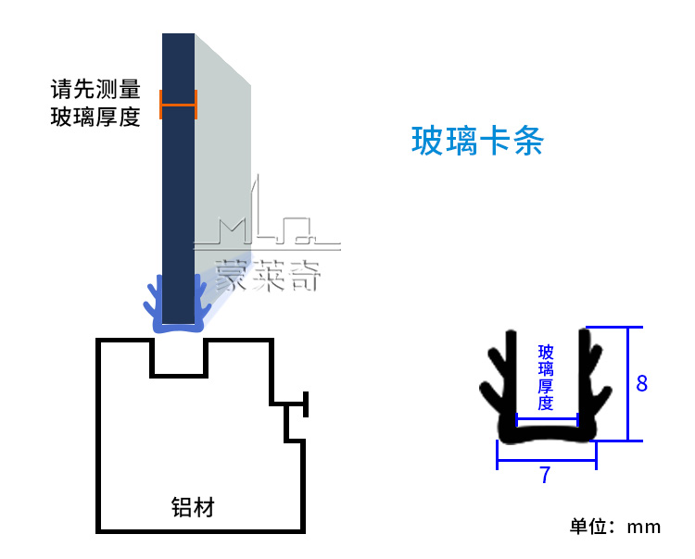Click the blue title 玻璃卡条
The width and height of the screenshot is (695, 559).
click(476, 142)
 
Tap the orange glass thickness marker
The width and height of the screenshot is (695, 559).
click(178, 105)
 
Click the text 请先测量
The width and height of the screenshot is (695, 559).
click(95, 90)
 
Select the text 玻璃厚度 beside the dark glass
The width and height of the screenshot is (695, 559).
click(95, 118)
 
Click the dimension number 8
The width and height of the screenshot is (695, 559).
click(641, 382)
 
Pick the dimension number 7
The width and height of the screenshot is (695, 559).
click(545, 476)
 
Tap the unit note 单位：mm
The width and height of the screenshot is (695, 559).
click(615, 527)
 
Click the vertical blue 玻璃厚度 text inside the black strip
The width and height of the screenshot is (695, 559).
click(546, 377)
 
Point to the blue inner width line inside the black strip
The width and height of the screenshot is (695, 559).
click(547, 419)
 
